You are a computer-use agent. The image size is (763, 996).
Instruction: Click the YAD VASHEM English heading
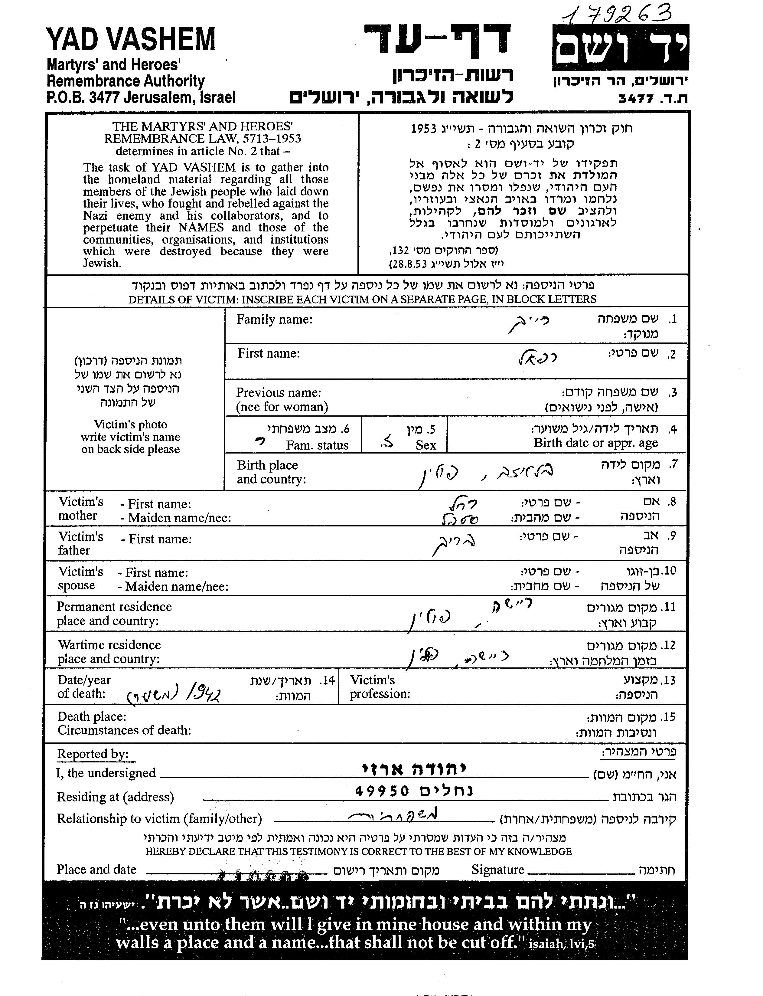[x=131, y=40]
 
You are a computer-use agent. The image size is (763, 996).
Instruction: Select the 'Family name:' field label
[x=274, y=319]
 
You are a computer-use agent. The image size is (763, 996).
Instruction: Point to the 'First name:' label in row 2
[x=269, y=353]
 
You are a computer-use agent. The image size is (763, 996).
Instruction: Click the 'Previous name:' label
[x=279, y=393]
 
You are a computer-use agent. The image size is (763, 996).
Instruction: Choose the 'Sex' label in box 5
[x=426, y=445]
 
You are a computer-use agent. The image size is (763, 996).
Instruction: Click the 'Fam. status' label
[x=317, y=445]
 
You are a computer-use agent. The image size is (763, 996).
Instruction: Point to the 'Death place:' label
[x=92, y=716]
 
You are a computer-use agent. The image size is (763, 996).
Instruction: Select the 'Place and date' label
[x=96, y=870]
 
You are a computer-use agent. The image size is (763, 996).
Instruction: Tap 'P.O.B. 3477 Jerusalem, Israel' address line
[x=141, y=97]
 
